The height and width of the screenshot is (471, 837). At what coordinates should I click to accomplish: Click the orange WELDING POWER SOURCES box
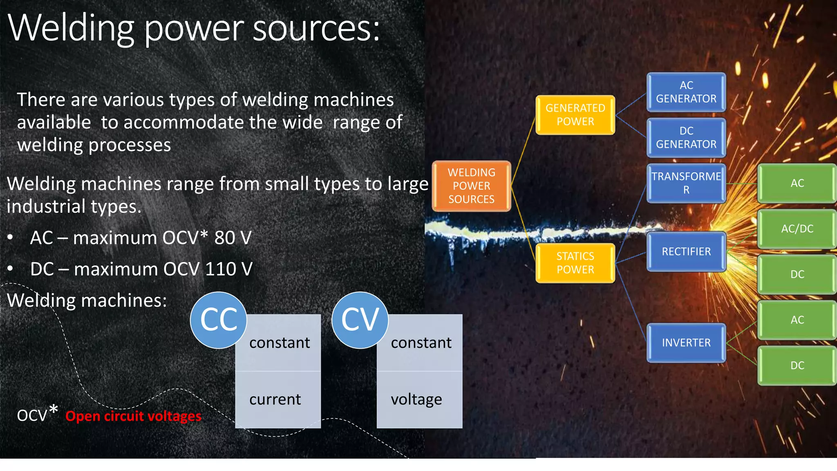point(471,186)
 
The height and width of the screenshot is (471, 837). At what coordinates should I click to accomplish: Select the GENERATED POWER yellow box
point(575,115)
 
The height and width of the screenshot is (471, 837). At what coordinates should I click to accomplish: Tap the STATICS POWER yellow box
point(575,263)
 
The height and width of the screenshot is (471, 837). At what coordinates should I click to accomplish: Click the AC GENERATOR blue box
point(686,92)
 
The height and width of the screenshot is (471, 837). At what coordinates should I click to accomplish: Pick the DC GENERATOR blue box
point(686,138)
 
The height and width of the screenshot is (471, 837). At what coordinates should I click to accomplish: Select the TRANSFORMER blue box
point(686,183)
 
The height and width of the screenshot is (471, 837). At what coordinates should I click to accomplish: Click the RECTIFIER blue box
point(686,251)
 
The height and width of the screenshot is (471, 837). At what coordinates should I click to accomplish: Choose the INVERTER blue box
point(686,343)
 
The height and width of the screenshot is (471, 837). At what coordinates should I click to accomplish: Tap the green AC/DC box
point(797,229)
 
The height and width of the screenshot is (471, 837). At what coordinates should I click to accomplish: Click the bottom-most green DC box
point(797,366)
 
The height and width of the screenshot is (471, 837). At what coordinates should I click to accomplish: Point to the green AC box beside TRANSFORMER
point(797,183)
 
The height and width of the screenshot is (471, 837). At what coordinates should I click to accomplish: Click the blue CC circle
point(219,320)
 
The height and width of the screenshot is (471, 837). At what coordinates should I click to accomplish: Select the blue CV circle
point(360,320)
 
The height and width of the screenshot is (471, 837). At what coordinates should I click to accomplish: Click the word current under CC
point(275,399)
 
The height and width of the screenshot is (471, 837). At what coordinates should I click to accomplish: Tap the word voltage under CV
point(416,399)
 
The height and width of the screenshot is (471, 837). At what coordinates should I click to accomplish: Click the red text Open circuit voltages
point(133,416)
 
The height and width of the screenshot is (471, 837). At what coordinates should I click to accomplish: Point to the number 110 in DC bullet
point(223,269)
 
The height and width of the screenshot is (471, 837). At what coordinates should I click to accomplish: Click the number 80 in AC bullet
point(224,238)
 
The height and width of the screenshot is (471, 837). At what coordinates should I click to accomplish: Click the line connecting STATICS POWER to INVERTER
point(631,303)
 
